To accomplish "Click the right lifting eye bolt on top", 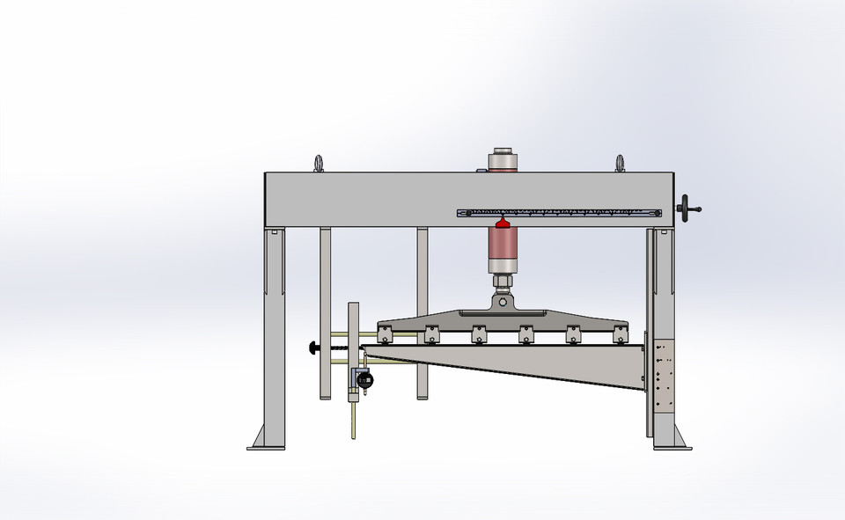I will point(620,163).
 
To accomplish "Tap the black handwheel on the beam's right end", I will point(687,209).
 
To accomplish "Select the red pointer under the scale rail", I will point(503,223).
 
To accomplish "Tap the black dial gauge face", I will point(365,380).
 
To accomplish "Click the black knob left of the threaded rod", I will point(313,348).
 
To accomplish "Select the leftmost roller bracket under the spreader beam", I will point(384,333).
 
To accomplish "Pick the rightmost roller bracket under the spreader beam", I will point(621,333).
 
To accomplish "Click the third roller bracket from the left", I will point(479,333).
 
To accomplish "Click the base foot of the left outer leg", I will point(266,440).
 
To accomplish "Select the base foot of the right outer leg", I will point(672,440).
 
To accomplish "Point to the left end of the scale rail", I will point(461,213).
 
